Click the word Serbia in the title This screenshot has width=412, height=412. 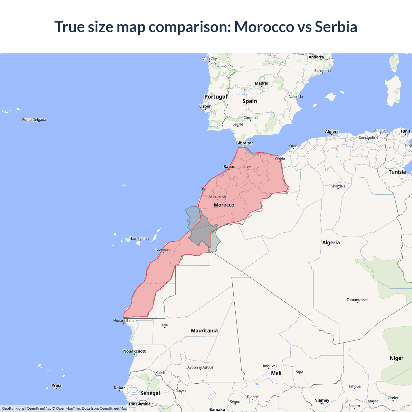coord(336,27)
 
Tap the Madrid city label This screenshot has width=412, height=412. coord(261,83)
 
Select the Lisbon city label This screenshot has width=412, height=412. coord(205,106)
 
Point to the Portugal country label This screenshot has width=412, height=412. coord(216,97)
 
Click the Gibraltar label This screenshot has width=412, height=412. coord(245,143)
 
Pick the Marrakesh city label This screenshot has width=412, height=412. coord(217,197)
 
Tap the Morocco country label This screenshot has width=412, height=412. coord(224,205)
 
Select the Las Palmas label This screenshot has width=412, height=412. coord(140,239)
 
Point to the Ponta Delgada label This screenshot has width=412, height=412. coord(34,119)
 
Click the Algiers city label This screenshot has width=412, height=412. coord(332,131)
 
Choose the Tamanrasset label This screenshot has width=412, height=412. coord(357,300)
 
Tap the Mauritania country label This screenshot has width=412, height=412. coord(204,331)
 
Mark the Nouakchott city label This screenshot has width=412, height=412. coord(135,351)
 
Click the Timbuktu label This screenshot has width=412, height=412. coord(269,366)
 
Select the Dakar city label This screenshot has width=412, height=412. coord(119,388)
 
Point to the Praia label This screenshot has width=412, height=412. coord(56,385)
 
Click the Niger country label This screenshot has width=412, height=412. coord(396,358)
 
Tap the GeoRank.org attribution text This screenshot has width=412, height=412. coord(13,408)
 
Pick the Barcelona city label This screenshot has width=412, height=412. coord(322,70)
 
